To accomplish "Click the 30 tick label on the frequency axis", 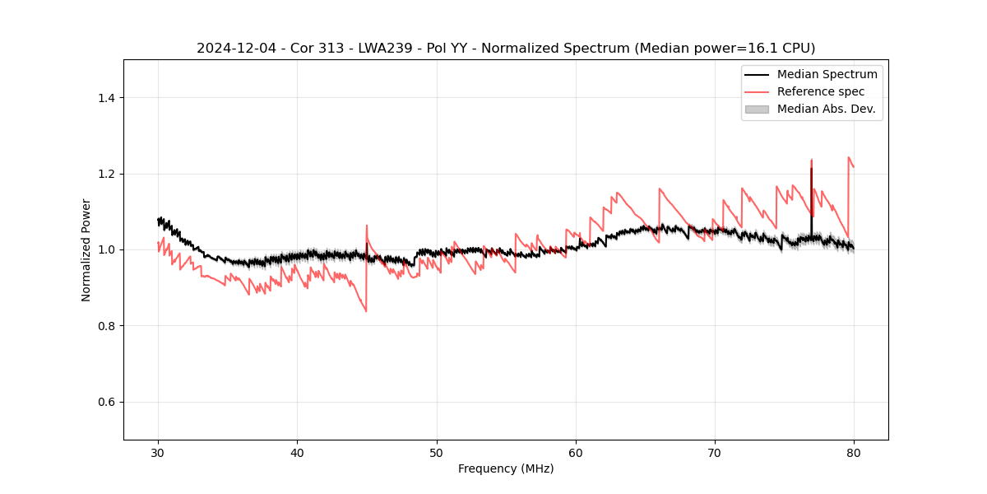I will [158, 452].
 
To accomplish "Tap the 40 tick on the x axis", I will [297, 452].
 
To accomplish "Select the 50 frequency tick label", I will [437, 452].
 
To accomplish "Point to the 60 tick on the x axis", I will [576, 452].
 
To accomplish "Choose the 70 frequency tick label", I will [715, 452].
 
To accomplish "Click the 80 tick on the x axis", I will [854, 452].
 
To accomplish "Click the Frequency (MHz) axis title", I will [506, 468].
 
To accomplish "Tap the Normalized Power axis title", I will [86, 249].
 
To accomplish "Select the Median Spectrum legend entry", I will [827, 74].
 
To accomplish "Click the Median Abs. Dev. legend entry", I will [826, 109].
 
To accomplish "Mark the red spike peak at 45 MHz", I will [367, 225].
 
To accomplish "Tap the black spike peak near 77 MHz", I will [811, 169].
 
